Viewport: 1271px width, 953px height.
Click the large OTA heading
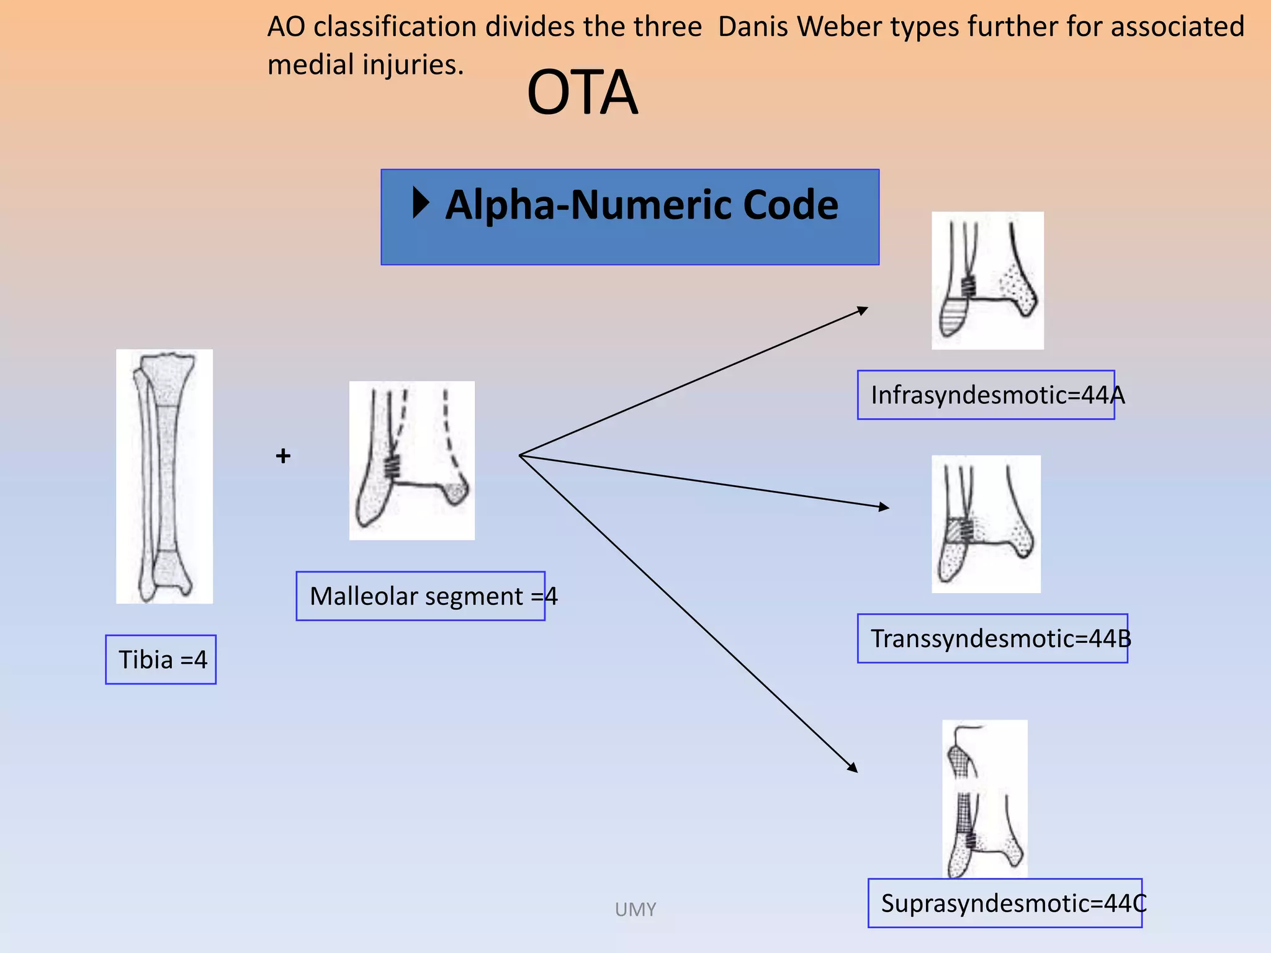click(x=582, y=93)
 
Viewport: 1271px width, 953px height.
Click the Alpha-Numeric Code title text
click(x=641, y=205)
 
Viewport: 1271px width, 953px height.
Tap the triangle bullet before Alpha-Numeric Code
click(x=421, y=203)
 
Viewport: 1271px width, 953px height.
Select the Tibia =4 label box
click(x=161, y=660)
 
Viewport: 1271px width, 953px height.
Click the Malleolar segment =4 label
click(x=421, y=596)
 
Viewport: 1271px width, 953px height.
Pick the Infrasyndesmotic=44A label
click(x=986, y=395)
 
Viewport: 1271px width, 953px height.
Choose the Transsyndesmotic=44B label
click(x=992, y=638)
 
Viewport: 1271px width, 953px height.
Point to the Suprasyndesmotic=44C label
click(x=1005, y=903)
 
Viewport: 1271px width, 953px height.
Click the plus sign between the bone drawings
click(x=283, y=456)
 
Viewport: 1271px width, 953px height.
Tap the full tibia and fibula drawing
click(x=164, y=476)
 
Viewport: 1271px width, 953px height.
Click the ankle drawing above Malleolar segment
click(x=412, y=460)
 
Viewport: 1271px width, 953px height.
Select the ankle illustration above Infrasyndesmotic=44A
click(x=987, y=280)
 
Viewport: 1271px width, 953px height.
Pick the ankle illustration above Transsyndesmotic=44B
click(x=986, y=524)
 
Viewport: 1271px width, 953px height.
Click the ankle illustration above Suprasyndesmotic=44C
click(x=985, y=799)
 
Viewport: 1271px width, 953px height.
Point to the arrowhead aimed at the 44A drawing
click(x=863, y=310)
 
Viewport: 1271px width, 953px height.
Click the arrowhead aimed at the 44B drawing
click(x=884, y=507)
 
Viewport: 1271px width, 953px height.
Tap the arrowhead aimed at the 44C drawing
click(x=853, y=768)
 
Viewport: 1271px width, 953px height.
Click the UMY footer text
click(x=635, y=910)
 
